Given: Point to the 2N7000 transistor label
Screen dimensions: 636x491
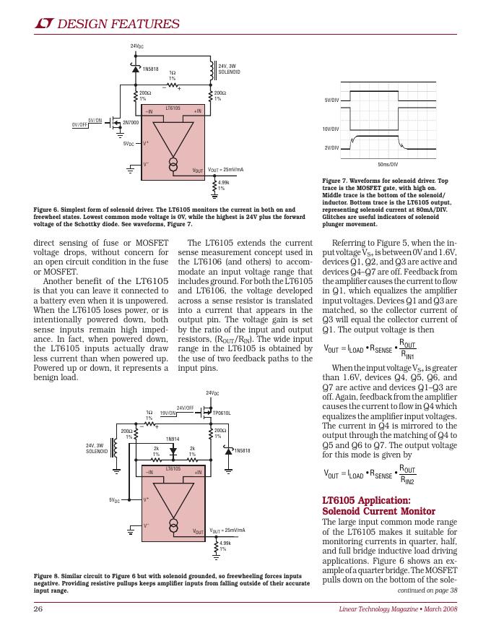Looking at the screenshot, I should (131, 123).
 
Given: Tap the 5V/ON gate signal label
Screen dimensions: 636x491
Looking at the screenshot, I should (95, 120).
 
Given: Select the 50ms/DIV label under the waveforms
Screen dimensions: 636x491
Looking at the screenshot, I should (388, 165).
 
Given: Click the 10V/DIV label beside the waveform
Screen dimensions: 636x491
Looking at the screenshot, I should (331, 129).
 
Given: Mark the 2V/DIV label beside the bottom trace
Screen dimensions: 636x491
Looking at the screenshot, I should (332, 147).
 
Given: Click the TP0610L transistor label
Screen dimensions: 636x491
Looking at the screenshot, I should (222, 413).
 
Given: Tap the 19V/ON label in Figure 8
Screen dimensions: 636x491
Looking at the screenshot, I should (168, 413).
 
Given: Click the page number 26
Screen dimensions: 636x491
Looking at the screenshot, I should (39, 609).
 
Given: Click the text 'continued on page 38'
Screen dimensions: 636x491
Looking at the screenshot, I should (428, 590).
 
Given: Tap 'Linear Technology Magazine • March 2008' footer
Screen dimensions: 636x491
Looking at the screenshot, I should (399, 609).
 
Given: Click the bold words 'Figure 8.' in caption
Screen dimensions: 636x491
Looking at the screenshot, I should (49, 576).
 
